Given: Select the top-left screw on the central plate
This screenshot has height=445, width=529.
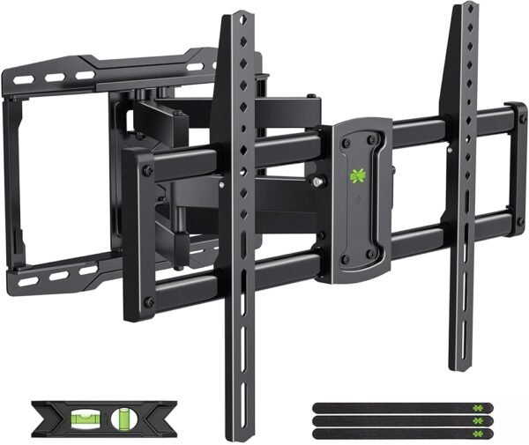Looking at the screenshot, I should tap(346, 137).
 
